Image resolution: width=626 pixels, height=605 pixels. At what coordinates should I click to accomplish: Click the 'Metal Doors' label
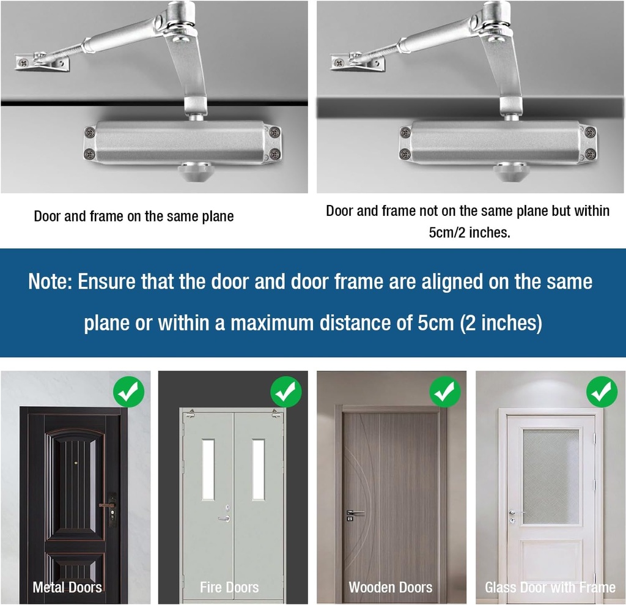tap(67, 588)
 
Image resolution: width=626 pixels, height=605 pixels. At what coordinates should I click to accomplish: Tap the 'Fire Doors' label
tap(229, 588)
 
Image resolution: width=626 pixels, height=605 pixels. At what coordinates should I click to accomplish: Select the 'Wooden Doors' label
tap(390, 588)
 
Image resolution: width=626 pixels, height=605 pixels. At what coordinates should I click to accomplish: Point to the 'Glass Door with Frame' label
tap(550, 588)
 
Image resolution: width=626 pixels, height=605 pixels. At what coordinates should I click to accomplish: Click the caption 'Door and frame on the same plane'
tap(134, 217)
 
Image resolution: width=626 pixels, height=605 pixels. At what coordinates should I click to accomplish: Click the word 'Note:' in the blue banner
tap(50, 282)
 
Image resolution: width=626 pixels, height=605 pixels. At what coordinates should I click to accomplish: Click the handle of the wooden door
tap(355, 513)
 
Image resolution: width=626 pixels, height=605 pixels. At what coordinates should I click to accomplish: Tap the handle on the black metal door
tap(108, 505)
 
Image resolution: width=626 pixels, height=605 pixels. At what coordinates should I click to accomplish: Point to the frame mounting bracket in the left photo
tap(42, 62)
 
